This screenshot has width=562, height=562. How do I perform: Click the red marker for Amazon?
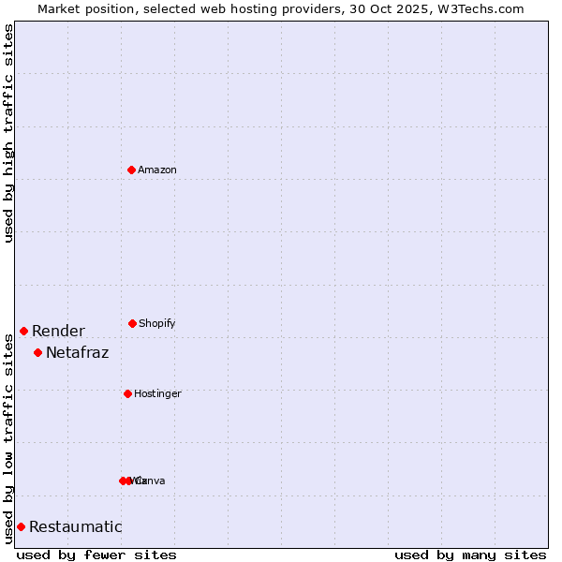point(132,170)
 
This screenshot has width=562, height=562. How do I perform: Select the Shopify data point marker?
point(132,323)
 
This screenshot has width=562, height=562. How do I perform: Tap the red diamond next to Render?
point(23,331)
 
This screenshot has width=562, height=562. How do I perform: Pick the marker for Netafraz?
point(37,352)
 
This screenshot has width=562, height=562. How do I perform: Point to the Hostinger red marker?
point(127,393)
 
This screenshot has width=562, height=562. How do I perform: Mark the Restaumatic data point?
point(21,526)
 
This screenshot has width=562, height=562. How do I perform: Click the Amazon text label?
point(157,170)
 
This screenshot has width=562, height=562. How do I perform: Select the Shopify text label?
point(157,323)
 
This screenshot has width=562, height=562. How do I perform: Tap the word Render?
point(58,331)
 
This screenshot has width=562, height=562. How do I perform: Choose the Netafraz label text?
point(77,352)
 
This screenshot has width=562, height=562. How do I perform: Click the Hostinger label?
point(157,393)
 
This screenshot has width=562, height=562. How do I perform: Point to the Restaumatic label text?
point(75,526)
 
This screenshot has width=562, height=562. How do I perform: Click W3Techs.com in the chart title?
point(478,8)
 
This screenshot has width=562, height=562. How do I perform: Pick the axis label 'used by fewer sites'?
point(96,555)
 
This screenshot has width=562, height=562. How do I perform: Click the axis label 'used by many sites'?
point(470,555)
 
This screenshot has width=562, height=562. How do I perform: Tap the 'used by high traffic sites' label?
point(8,133)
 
